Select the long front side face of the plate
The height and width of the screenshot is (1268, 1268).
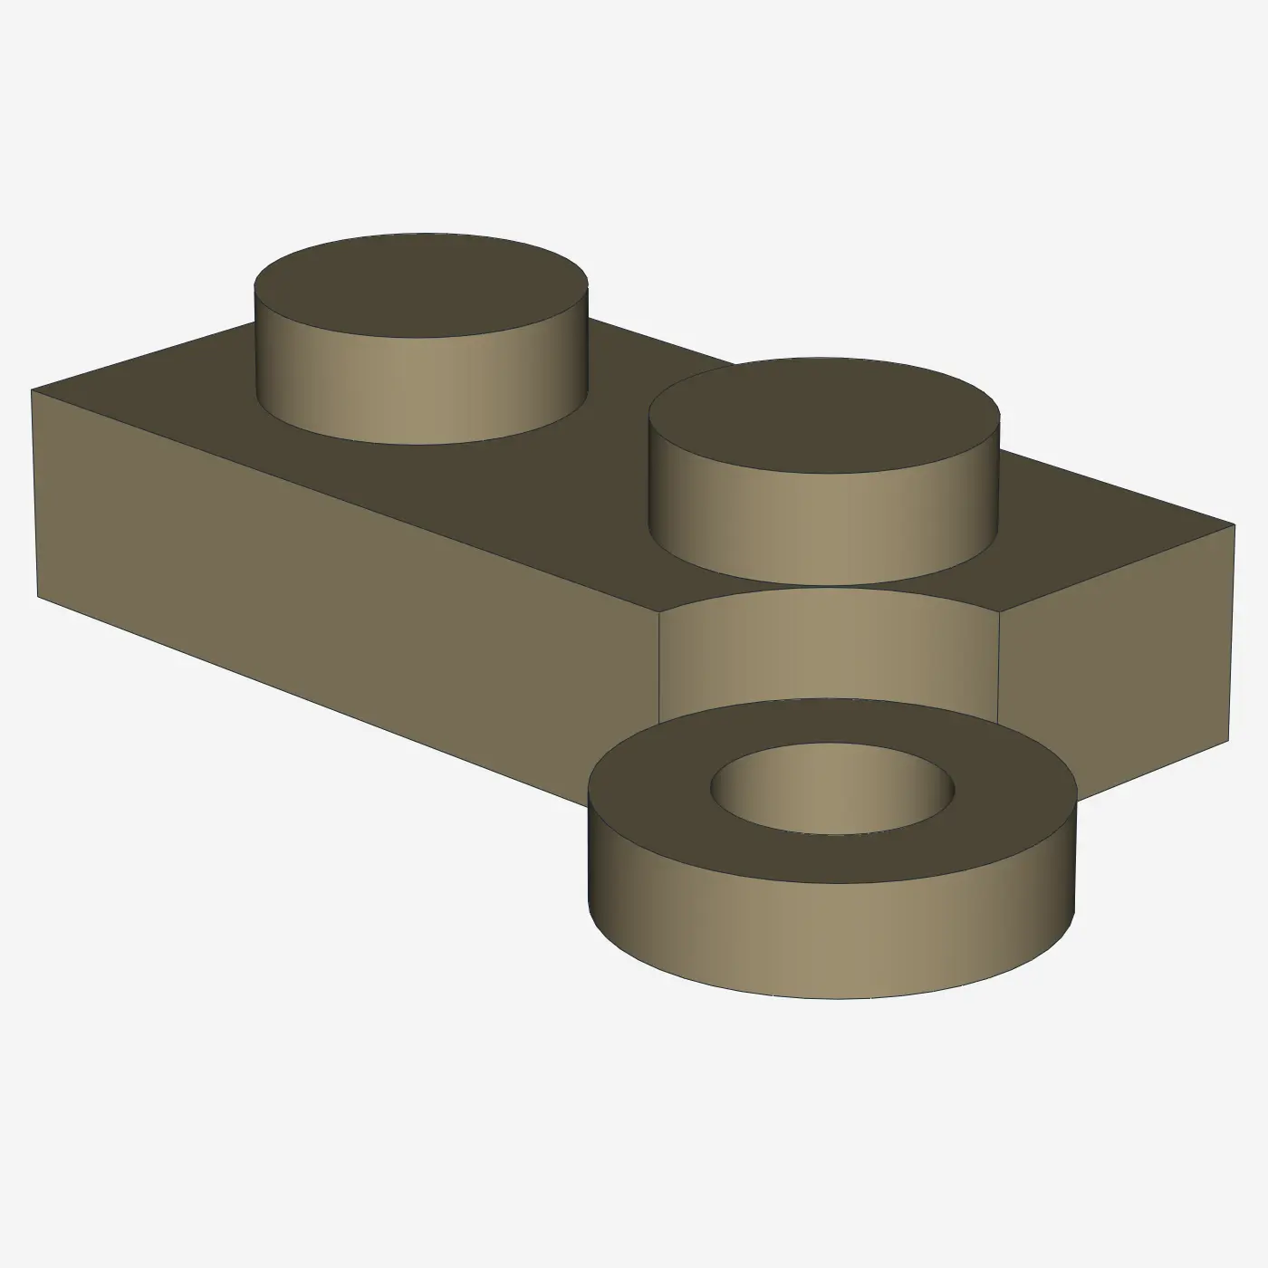pos(344,580)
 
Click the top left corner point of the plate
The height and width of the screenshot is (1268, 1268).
pos(32,390)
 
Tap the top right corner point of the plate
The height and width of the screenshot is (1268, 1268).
pos(1234,524)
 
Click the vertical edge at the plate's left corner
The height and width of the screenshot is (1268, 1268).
pos(35,494)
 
